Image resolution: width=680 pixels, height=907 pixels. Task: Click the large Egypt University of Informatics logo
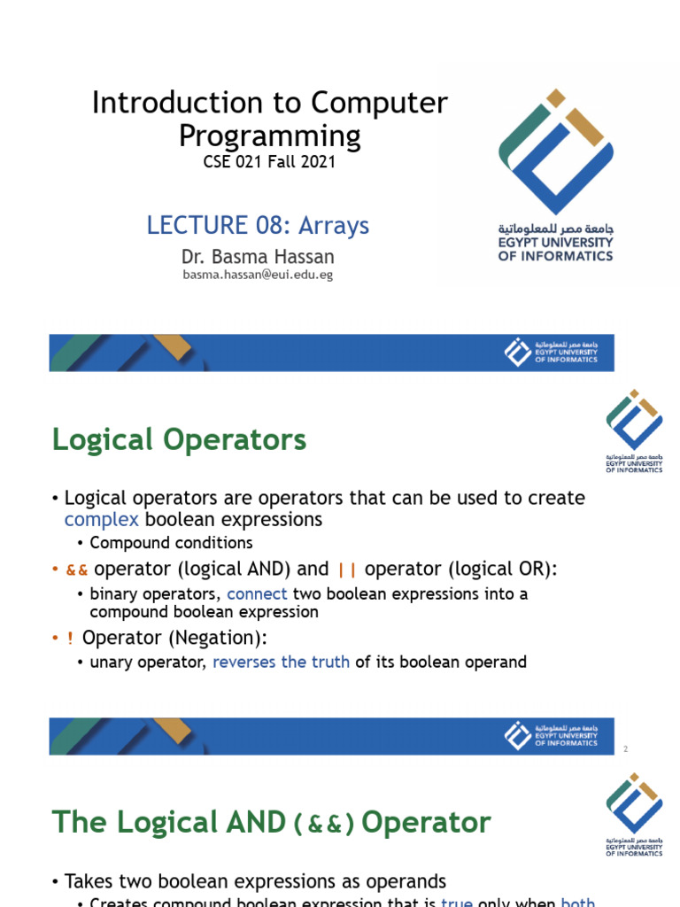555,174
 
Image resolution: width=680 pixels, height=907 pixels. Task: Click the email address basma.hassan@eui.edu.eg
258,275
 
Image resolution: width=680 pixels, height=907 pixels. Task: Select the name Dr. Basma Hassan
257,257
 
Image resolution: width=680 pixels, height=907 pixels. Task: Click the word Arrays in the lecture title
333,225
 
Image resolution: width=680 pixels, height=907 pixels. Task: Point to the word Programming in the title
269,136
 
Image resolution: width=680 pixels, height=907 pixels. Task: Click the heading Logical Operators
180,439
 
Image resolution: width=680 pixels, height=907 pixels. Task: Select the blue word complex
102,519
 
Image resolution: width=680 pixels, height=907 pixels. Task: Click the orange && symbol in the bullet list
77,569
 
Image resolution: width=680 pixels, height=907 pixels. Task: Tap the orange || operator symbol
346,569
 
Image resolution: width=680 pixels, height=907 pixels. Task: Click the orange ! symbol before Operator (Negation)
70,638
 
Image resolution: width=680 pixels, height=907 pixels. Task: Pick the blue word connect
257,593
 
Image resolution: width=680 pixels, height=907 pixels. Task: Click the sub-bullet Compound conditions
171,543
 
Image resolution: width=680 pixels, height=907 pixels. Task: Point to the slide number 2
625,749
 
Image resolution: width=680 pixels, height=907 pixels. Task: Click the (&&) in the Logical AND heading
324,824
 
